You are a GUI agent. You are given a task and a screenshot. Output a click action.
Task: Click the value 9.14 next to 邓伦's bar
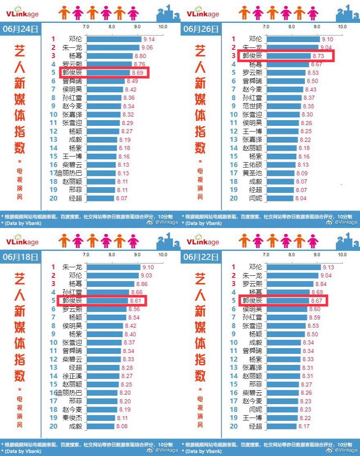click(x=148, y=40)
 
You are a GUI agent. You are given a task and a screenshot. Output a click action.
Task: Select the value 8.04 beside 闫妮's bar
click(x=300, y=199)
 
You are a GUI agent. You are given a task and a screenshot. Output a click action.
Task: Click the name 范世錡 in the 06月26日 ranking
click(x=253, y=106)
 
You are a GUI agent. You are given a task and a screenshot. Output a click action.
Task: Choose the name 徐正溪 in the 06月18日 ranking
click(x=72, y=376)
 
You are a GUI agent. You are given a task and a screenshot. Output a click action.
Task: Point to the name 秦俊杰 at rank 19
click(x=72, y=418)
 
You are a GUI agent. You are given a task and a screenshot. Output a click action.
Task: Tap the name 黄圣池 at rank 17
click(x=253, y=173)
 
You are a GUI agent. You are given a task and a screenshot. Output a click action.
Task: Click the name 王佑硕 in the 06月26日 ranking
click(x=253, y=165)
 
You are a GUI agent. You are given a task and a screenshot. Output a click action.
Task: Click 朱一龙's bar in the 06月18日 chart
click(x=113, y=267)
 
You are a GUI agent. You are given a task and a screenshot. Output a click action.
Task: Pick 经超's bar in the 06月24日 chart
click(x=100, y=199)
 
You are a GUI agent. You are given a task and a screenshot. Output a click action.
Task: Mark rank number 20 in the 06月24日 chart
click(x=53, y=199)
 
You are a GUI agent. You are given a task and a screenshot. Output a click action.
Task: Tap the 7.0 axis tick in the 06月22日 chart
click(x=266, y=255)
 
